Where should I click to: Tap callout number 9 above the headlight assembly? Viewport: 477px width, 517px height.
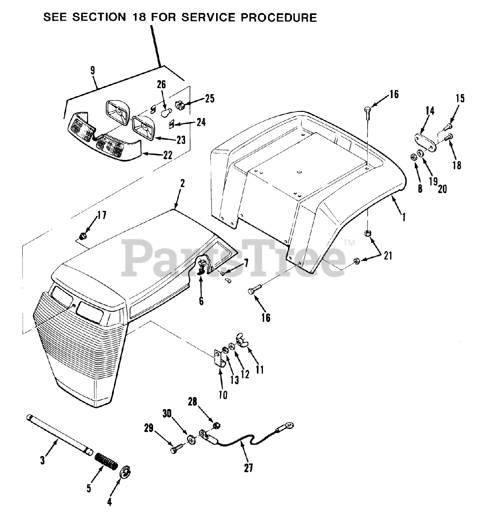pyautogui.click(x=92, y=70)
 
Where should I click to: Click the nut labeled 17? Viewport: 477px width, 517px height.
pyautogui.click(x=82, y=234)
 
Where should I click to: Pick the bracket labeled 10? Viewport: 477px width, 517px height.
pyautogui.click(x=219, y=358)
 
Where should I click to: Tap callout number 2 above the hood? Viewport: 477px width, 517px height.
pyautogui.click(x=183, y=183)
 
